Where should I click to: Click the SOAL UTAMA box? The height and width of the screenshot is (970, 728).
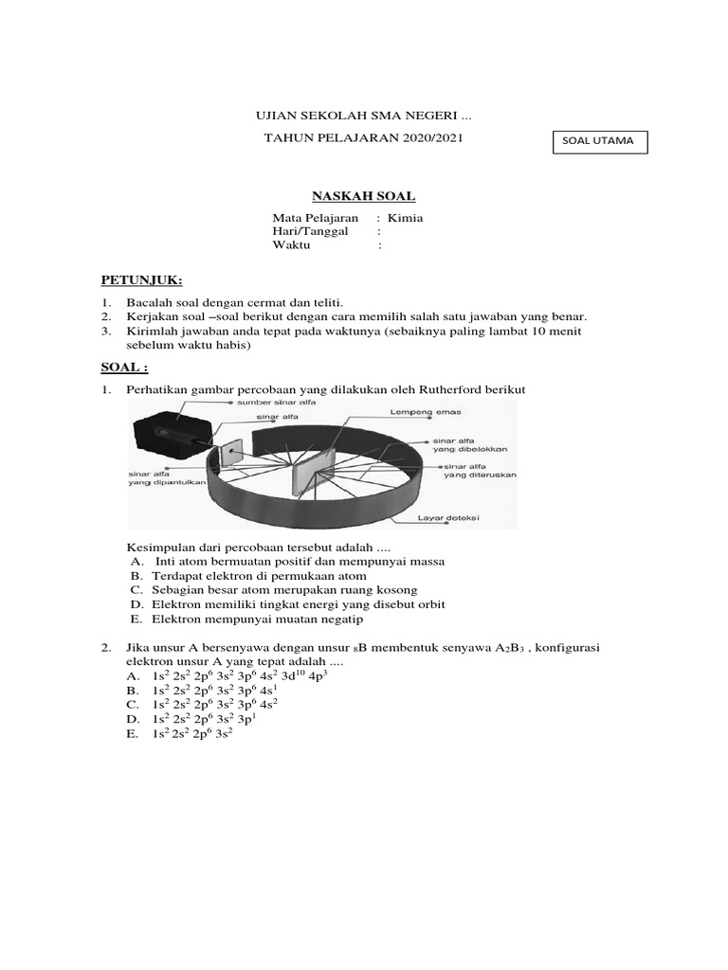click(599, 142)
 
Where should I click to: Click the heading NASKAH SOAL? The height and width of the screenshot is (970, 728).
click(364, 196)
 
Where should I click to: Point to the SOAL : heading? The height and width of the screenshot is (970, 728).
click(125, 367)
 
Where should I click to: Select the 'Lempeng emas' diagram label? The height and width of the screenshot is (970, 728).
click(413, 413)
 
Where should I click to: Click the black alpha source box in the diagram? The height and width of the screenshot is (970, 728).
click(168, 432)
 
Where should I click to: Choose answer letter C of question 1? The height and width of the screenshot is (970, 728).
click(136, 590)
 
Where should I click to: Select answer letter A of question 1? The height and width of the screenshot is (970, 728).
click(136, 562)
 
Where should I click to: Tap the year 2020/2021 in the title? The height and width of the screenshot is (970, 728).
click(430, 138)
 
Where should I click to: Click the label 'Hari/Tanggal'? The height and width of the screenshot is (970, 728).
click(310, 231)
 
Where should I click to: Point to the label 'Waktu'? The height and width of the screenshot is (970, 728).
click(292, 245)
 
